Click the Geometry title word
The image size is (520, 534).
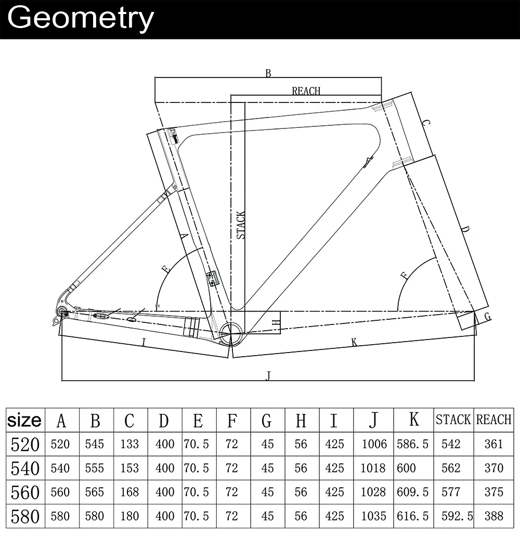pyautogui.click(x=81, y=19)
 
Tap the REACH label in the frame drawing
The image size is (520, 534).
pyautogui.click(x=306, y=91)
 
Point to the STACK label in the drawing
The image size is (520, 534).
pyautogui.click(x=241, y=225)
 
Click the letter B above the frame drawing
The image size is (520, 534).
pyautogui.click(x=268, y=73)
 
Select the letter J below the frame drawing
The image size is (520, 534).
pyautogui.click(x=268, y=376)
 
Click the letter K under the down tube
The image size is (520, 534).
pyautogui.click(x=354, y=342)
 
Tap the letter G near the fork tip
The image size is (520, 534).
pyautogui.click(x=488, y=317)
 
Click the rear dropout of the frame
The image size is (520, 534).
pyautogui.click(x=61, y=311)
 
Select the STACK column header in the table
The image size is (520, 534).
pyautogui.click(x=453, y=420)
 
